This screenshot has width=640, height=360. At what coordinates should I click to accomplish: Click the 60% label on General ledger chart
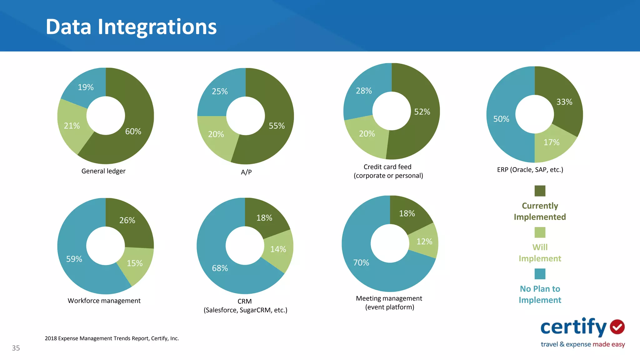click(133, 132)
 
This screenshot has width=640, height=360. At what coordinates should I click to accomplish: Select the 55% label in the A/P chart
click(277, 126)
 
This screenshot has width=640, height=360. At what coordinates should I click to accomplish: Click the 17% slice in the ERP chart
click(552, 144)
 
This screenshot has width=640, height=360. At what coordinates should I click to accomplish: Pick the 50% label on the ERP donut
click(501, 119)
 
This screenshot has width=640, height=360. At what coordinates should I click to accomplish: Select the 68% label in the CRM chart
click(220, 268)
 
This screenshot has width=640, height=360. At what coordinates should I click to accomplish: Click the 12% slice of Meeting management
click(425, 241)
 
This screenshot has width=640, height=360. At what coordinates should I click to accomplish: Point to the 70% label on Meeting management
click(361, 262)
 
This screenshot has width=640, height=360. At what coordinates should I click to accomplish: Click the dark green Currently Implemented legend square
click(540, 191)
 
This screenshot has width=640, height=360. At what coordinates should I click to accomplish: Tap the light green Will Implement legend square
click(540, 232)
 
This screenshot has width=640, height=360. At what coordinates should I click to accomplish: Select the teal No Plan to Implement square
click(540, 274)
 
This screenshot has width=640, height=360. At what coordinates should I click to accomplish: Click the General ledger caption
click(103, 171)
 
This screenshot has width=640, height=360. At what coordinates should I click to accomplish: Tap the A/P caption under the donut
click(246, 172)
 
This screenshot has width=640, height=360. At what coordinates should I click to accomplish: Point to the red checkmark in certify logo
click(617, 327)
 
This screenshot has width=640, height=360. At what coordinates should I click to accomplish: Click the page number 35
click(16, 348)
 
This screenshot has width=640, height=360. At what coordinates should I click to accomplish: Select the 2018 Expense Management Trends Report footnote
click(112, 338)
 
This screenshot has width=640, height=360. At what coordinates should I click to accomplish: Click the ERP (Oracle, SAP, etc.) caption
click(530, 170)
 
